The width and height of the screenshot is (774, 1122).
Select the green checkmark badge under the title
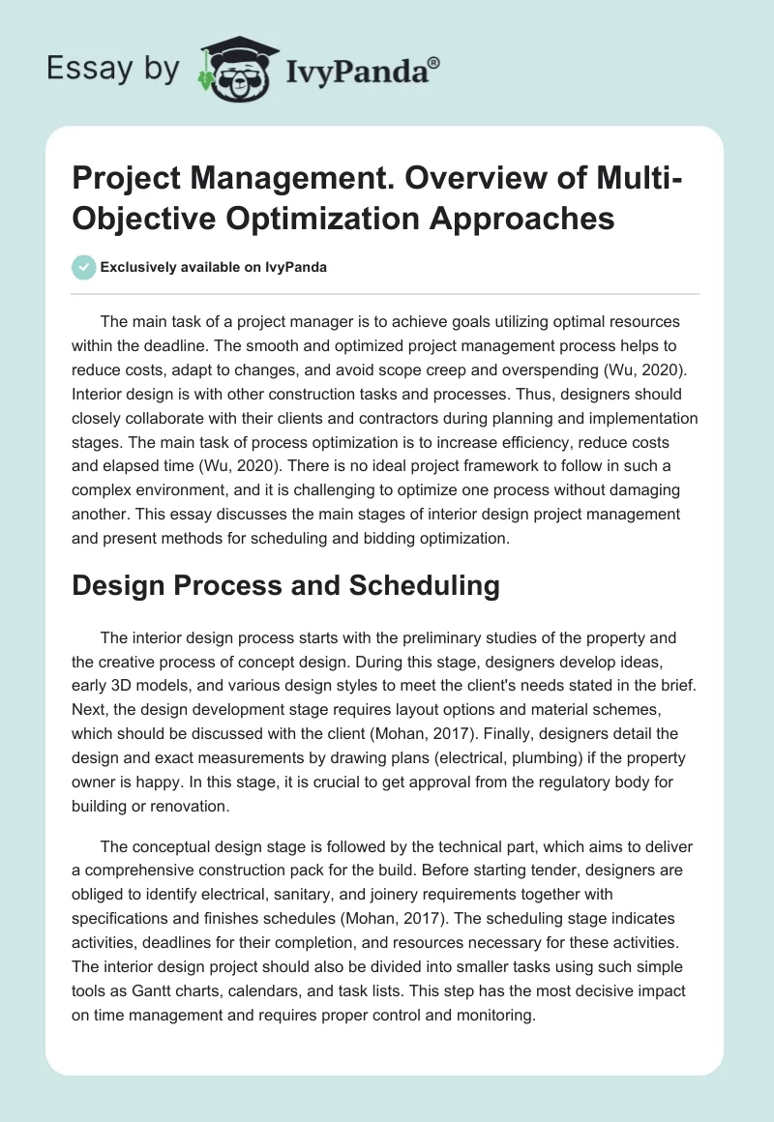point(84,267)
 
